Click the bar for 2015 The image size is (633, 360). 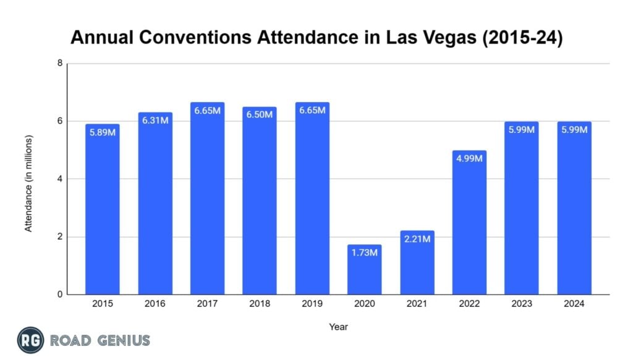pos(102,210)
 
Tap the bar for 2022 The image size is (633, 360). pos(469,223)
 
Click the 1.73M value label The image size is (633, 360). pos(364,254)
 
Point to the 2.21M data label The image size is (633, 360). pos(417,239)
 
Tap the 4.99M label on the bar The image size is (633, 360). pos(469,159)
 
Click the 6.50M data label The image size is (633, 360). pos(260,115)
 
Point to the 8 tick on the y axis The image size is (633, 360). pos(60,63)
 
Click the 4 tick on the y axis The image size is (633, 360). pos(60,179)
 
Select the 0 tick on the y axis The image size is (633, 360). pos(60,295)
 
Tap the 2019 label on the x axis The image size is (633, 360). pos(312,304)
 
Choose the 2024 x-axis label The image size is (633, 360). pos(574,304)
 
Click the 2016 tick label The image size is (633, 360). pos(155,304)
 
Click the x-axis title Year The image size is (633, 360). pos(338,326)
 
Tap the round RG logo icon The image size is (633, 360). pos(29,340)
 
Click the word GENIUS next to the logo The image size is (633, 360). pos(121,340)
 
